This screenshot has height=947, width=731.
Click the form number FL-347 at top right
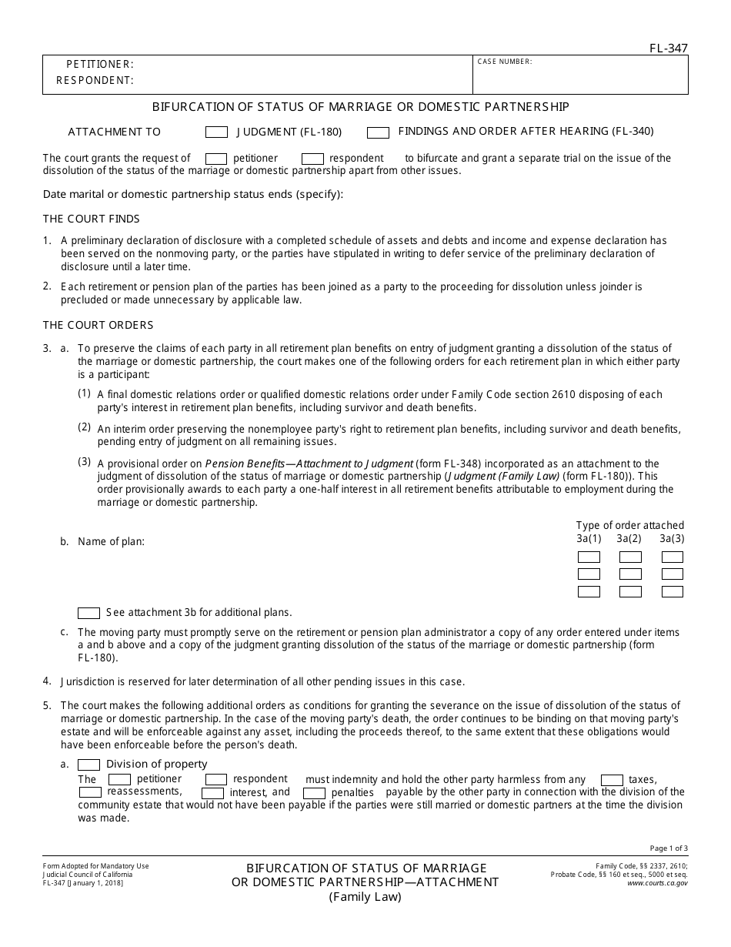pyautogui.click(x=668, y=49)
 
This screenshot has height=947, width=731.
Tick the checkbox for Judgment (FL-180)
pyautogui.click(x=217, y=132)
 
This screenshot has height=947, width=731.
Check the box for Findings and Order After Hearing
pyautogui.click(x=378, y=132)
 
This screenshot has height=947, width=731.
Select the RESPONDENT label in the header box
pyautogui.click(x=95, y=80)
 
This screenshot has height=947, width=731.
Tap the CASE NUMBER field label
pyautogui.click(x=505, y=62)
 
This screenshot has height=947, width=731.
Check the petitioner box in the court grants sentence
pyautogui.click(x=216, y=159)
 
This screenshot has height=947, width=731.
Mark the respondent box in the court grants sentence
pyautogui.click(x=312, y=159)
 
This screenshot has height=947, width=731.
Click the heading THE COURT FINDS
pyautogui.click(x=92, y=219)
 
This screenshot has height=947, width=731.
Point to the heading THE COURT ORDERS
pyautogui.click(x=98, y=325)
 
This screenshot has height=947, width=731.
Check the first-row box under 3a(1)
pyautogui.click(x=589, y=557)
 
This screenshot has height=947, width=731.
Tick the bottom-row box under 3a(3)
pyautogui.click(x=672, y=592)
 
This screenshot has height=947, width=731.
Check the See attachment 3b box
pyautogui.click(x=89, y=613)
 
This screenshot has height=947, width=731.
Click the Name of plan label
pyautogui.click(x=111, y=541)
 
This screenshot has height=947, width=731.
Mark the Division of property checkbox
pyautogui.click(x=89, y=765)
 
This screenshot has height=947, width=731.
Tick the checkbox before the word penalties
pyautogui.click(x=314, y=793)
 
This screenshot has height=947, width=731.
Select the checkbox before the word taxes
pyautogui.click(x=612, y=780)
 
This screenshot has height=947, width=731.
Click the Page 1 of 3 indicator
pyautogui.click(x=669, y=848)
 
